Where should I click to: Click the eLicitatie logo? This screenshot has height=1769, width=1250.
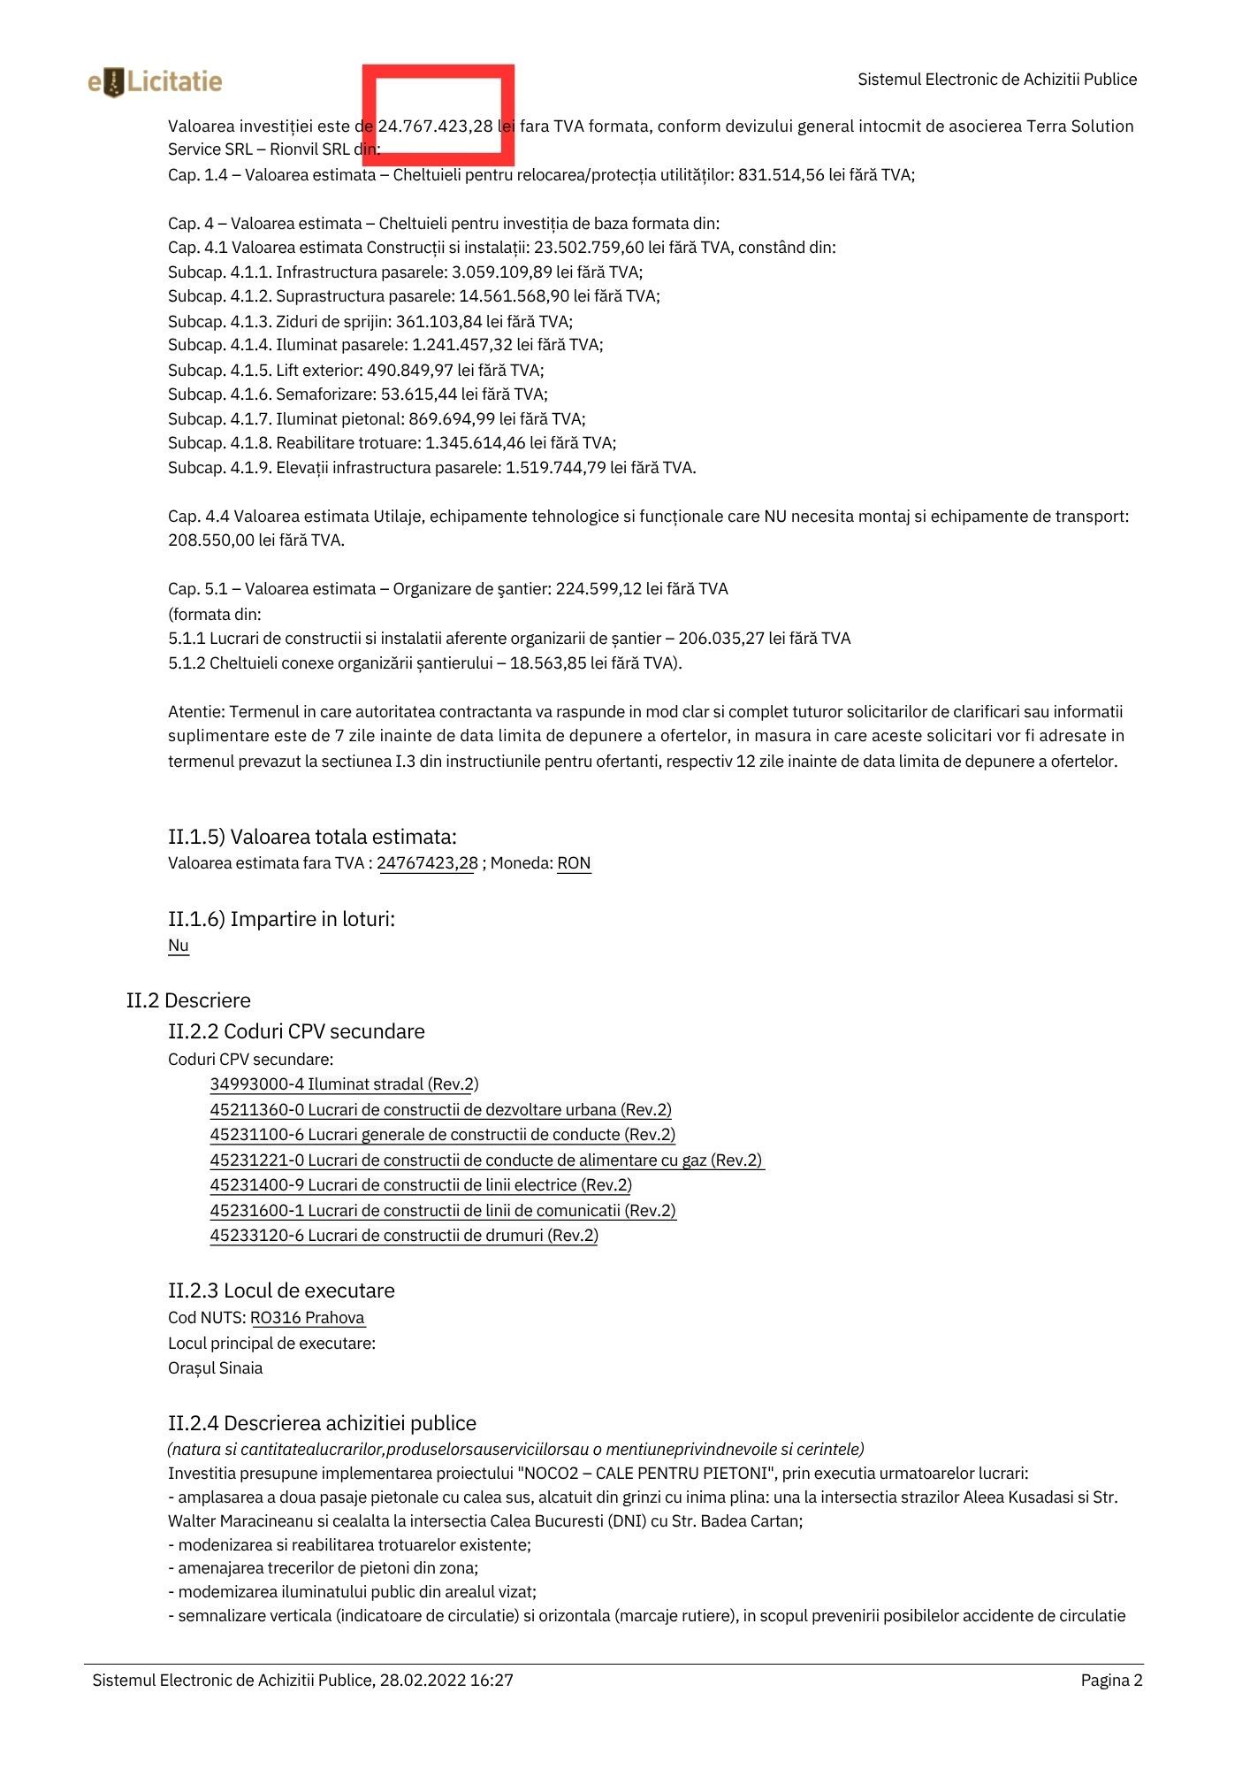[156, 82]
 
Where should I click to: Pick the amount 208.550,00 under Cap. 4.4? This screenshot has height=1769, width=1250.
[210, 540]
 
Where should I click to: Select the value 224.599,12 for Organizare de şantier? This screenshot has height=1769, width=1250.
[598, 589]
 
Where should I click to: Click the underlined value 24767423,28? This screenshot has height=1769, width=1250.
[428, 863]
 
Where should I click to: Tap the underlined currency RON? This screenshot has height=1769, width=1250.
[574, 863]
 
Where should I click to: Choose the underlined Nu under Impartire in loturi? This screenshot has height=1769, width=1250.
[179, 946]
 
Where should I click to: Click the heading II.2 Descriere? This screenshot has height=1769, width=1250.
[188, 1000]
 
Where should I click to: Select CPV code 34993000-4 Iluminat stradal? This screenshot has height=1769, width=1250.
[344, 1084]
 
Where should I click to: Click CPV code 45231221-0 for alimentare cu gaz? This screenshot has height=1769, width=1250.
[486, 1160]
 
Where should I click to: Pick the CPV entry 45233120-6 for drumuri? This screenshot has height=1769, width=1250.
[403, 1236]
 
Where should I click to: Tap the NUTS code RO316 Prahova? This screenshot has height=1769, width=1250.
[308, 1318]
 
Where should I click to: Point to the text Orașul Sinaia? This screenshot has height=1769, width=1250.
[215, 1368]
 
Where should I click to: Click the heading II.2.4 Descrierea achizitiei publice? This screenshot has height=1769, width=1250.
[322, 1423]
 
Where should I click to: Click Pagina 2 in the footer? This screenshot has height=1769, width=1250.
[1111, 1681]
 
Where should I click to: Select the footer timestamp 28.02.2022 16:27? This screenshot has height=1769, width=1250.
[446, 1681]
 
